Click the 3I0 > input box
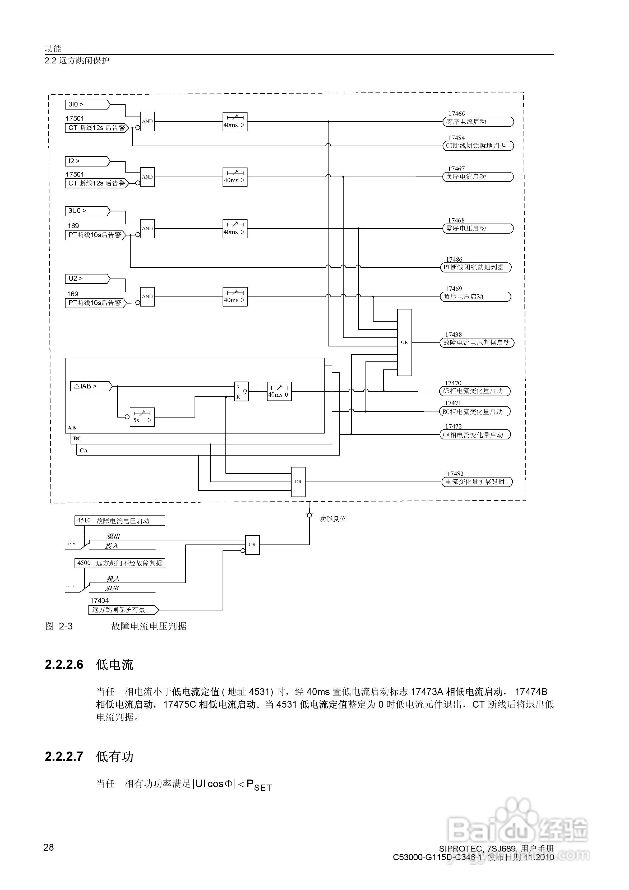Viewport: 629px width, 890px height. point(87,104)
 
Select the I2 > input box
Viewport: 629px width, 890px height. point(87,161)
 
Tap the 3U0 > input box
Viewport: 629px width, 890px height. point(87,211)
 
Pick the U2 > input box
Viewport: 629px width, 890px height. point(87,278)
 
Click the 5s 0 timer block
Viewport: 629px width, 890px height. point(142,417)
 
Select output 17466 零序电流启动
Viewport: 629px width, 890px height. point(478,122)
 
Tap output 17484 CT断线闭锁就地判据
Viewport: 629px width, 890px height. point(478,146)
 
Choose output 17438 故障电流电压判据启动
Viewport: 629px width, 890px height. point(477,343)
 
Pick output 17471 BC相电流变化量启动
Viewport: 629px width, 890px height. point(475,412)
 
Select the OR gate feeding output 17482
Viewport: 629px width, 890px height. point(298,482)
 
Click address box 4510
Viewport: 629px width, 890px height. point(84,521)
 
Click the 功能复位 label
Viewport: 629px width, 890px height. point(332,519)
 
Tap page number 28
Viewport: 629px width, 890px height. point(48,847)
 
